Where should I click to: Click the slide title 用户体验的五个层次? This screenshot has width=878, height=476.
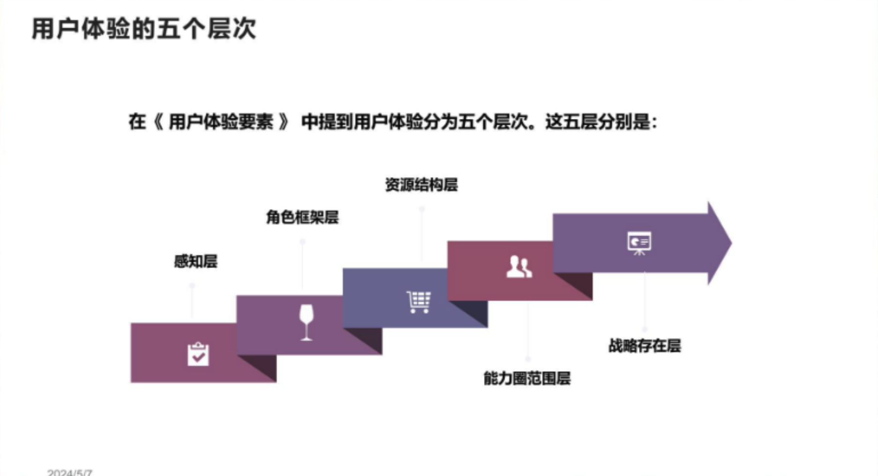(143, 29)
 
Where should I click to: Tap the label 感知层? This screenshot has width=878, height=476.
(196, 261)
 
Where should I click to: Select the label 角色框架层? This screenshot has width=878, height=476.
(302, 217)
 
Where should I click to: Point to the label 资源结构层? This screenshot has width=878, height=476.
(421, 185)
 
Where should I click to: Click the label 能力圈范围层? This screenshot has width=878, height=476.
(527, 378)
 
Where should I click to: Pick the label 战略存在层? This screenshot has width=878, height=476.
(645, 346)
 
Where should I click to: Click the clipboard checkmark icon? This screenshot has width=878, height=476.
(198, 354)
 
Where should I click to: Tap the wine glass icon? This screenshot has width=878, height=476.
(306, 322)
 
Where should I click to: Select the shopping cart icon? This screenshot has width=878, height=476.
(418, 302)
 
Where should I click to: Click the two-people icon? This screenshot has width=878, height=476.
(519, 267)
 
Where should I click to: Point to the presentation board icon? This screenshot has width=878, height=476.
(639, 243)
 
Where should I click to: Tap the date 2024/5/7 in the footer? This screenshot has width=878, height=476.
(70, 472)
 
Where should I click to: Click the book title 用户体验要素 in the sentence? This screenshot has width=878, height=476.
(221, 122)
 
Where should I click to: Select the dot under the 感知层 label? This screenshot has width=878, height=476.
(192, 285)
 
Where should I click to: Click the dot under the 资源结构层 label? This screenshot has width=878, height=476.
(422, 209)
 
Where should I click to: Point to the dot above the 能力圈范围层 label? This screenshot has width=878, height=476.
(528, 359)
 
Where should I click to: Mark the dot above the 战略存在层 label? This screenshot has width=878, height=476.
(645, 329)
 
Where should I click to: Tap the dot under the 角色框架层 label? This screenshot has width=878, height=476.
(303, 242)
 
